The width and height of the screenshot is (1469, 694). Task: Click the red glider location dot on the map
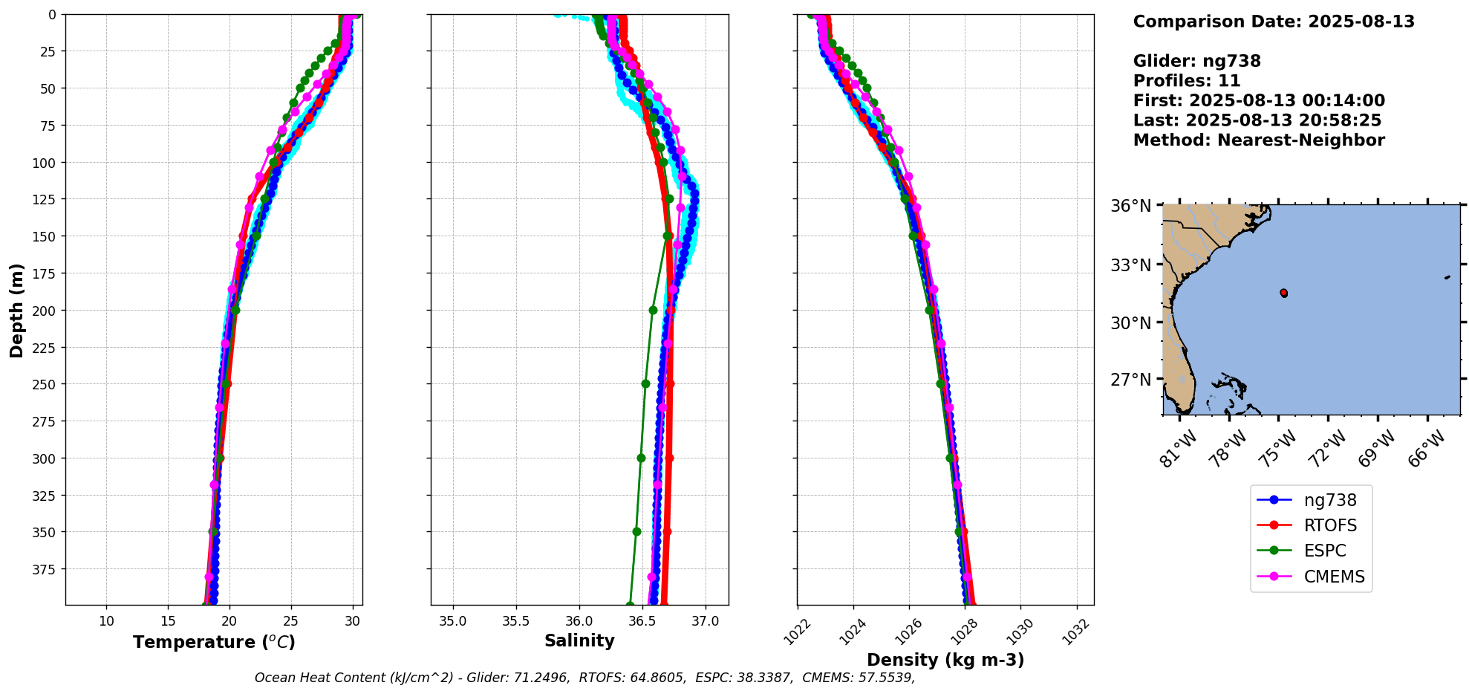tap(1283, 293)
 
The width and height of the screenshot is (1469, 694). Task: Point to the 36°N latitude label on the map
tap(1130, 206)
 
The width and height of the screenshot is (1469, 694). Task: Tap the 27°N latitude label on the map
tap(1130, 380)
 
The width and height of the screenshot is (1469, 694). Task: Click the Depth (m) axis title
tap(16, 310)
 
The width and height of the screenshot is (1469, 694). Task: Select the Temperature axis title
tap(214, 642)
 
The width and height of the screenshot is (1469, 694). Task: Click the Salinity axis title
tap(579, 641)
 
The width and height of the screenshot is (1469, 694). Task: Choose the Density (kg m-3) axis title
tap(945, 660)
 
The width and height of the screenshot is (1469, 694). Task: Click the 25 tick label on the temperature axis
tap(291, 620)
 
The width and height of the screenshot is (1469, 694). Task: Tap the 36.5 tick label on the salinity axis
tap(642, 620)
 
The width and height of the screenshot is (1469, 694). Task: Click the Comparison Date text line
tap(1273, 22)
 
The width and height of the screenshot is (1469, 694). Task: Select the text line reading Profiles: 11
tap(1186, 81)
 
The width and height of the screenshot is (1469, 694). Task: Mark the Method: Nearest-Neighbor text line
tap(1258, 140)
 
